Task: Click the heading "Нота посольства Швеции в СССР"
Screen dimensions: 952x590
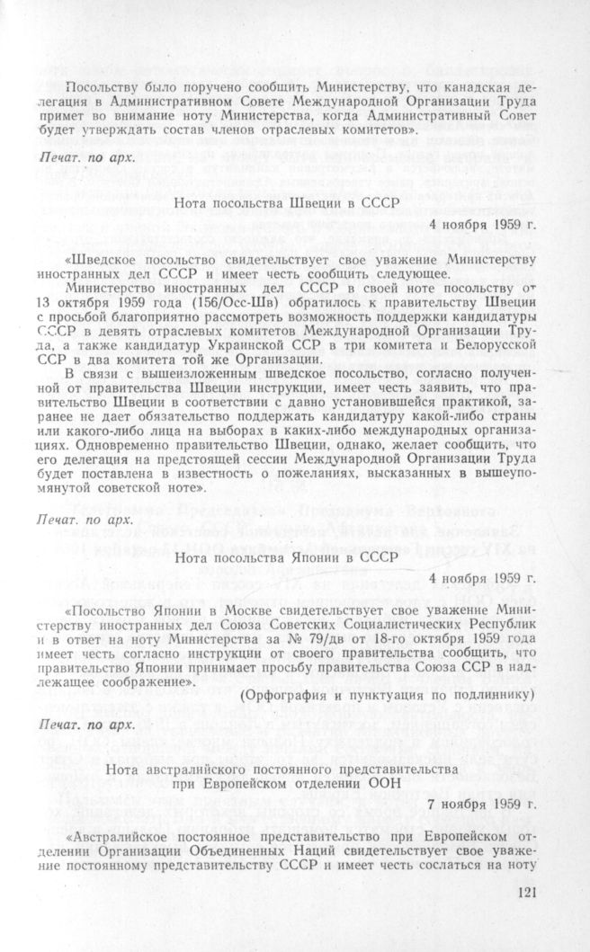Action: tap(282, 203)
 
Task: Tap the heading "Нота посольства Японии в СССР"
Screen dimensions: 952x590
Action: tap(282, 557)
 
